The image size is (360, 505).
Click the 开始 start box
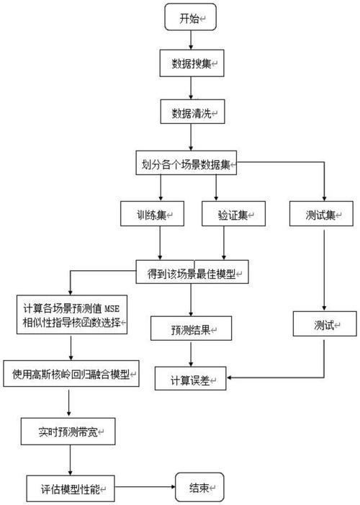tap(190, 19)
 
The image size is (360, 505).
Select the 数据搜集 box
tap(190, 64)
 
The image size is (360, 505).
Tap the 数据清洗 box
tap(190, 114)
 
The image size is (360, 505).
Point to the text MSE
tap(115, 309)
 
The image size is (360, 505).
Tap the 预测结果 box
tap(191, 329)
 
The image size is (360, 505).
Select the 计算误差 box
tap(191, 379)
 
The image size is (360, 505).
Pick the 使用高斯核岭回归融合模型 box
tap(71, 374)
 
